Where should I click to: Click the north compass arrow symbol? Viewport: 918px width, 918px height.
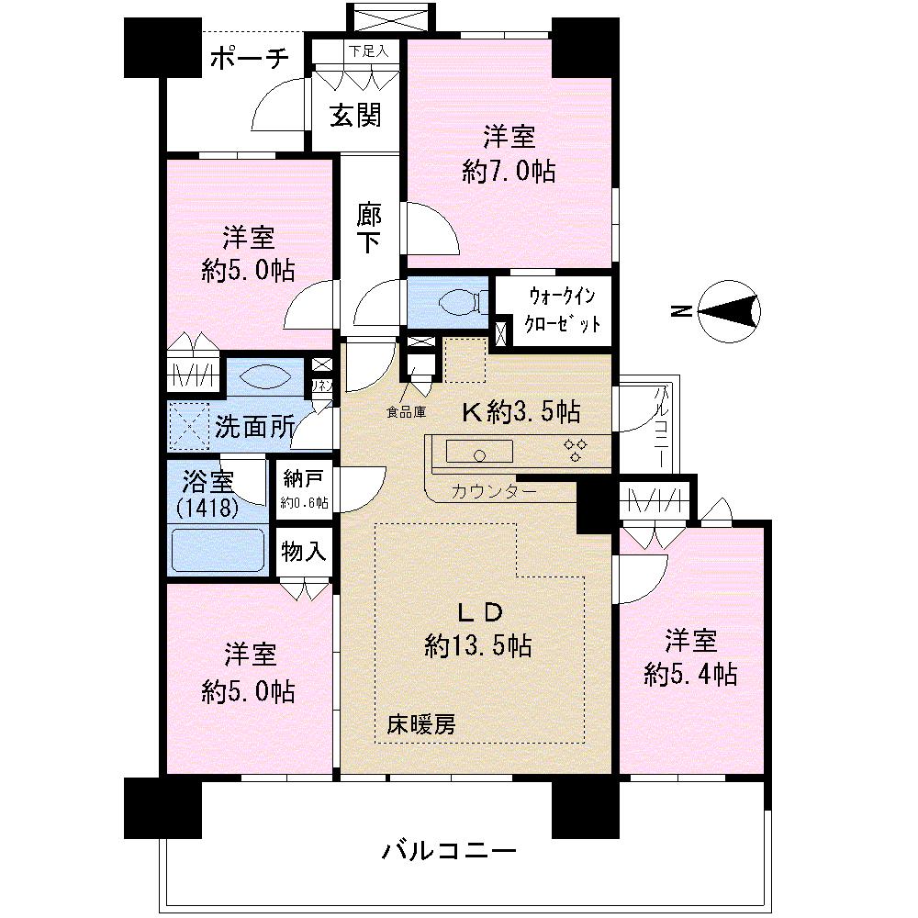731,312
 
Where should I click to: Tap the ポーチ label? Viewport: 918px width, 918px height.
250,60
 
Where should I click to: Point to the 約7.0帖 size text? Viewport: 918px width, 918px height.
509,172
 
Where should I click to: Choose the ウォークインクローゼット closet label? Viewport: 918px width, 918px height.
563,310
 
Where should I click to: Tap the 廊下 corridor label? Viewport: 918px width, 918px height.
369,229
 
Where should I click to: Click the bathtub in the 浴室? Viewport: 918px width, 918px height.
218,549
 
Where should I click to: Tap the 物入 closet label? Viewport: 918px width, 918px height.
304,552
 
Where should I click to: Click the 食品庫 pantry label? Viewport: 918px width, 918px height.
406,412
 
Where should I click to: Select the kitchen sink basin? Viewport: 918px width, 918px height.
479,452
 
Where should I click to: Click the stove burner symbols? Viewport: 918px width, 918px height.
577,449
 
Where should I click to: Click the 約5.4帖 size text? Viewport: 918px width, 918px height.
690,675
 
